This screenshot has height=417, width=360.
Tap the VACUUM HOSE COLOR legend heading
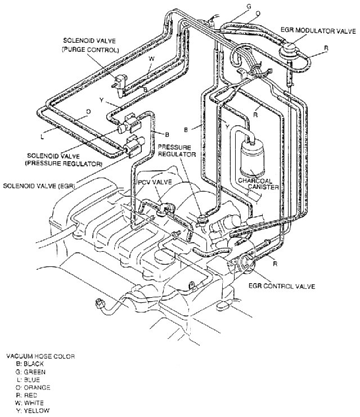click(x=40, y=356)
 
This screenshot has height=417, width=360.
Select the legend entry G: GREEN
click(x=31, y=371)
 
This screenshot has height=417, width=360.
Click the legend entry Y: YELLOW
click(x=33, y=410)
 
